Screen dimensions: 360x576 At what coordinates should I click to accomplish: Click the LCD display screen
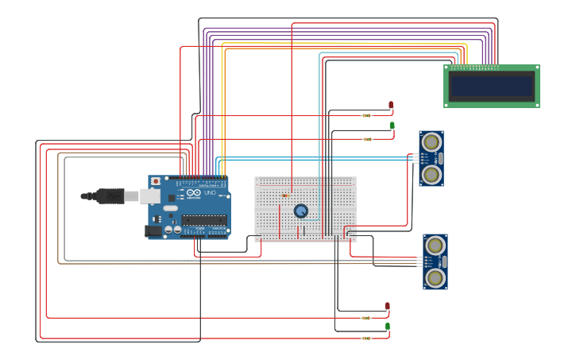click(491, 86)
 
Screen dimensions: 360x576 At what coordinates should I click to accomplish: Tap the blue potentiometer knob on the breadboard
click(301, 211)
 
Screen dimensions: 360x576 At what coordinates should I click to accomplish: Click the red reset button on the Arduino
click(156, 181)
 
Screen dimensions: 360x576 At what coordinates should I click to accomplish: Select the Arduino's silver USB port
click(149, 195)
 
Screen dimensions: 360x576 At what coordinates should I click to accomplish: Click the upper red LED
click(391, 105)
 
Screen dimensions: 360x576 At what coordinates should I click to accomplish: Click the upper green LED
click(392, 126)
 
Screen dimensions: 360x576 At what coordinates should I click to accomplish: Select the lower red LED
click(388, 306)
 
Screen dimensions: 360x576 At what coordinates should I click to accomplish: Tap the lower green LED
click(388, 327)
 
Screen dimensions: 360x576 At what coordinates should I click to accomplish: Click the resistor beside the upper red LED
click(366, 115)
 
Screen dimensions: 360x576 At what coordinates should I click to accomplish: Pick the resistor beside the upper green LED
click(367, 139)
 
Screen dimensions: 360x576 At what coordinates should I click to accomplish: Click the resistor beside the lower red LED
click(365, 318)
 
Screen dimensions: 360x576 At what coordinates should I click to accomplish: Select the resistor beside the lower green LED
click(365, 338)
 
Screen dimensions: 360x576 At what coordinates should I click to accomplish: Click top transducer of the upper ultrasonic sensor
click(431, 142)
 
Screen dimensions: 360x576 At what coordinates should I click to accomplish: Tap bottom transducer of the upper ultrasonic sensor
click(431, 174)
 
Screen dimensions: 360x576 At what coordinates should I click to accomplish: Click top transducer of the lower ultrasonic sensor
click(435, 246)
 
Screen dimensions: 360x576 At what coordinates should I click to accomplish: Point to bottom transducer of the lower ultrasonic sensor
click(435, 277)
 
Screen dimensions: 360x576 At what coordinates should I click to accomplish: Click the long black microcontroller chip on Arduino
click(203, 219)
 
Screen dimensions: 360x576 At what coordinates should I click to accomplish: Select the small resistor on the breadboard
click(286, 195)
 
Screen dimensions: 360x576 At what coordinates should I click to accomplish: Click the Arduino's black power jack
click(153, 231)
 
